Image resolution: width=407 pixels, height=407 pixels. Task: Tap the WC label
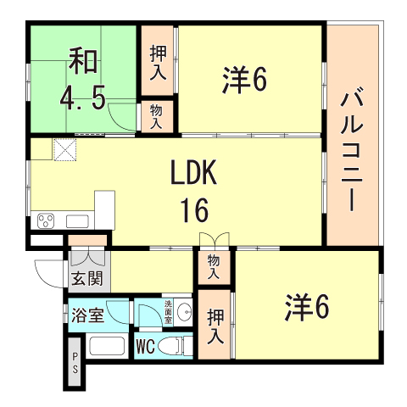coord(146,347)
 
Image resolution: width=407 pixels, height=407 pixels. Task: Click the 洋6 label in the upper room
coord(246,80)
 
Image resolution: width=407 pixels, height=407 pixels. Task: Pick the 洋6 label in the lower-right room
coord(306,307)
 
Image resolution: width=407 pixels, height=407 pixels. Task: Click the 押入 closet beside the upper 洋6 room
coord(158,61)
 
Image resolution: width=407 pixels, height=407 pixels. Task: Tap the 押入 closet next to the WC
coord(215,326)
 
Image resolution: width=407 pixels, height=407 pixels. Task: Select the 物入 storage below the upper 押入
coord(157,115)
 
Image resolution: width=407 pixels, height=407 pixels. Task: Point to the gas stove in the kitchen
coord(46,223)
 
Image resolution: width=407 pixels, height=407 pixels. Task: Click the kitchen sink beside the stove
coord(76,222)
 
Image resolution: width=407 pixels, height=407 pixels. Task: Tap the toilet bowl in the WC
coord(174,347)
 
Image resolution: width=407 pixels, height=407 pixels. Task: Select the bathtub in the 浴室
coord(106,348)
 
